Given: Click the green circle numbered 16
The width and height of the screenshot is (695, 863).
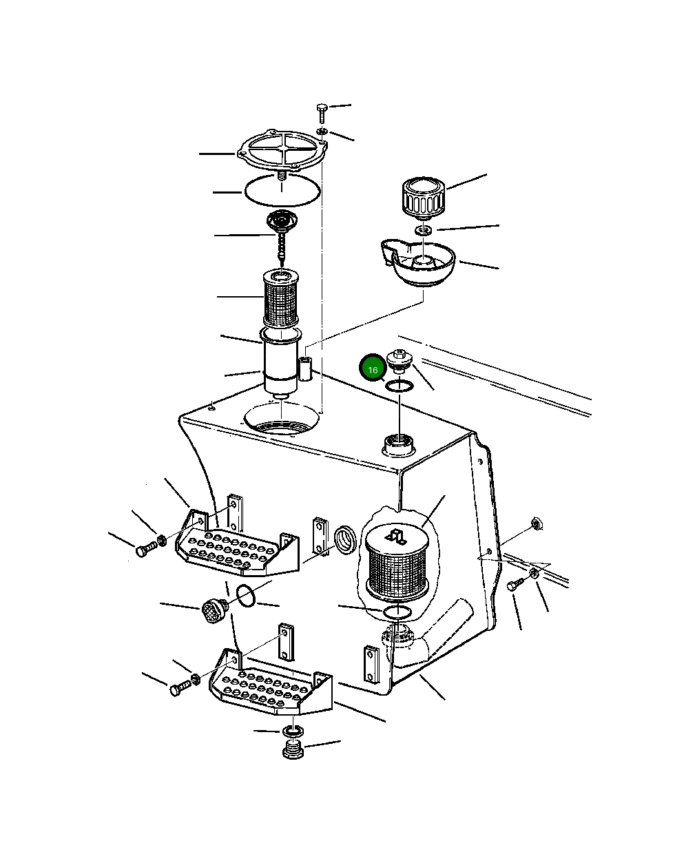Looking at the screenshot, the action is click(373, 368).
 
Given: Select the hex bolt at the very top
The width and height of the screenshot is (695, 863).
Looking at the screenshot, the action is click(322, 113).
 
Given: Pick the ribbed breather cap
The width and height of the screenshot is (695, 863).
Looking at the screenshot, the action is click(424, 197).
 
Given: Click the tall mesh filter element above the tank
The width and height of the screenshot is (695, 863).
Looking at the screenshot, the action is click(281, 297).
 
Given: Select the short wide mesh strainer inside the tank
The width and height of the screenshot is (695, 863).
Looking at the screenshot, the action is click(397, 562).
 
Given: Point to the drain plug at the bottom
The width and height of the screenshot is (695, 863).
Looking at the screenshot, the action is click(293, 751).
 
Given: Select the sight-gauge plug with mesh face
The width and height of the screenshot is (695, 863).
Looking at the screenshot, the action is click(215, 611).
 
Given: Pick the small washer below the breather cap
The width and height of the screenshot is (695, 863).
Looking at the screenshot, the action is click(423, 231).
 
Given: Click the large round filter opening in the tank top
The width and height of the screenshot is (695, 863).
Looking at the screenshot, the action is click(282, 419).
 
